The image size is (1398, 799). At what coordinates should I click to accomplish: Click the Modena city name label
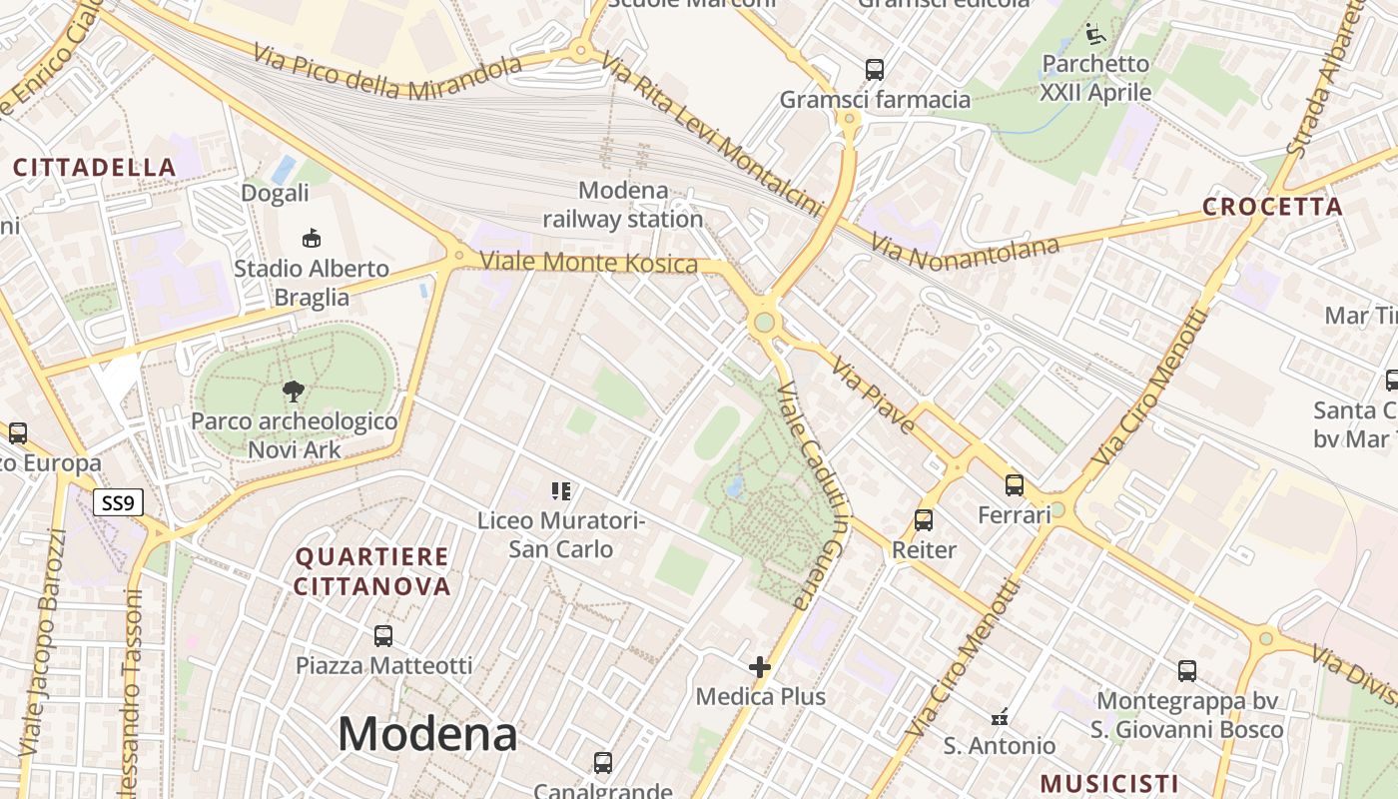(427, 735)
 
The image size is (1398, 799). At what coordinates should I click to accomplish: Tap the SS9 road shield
(118, 502)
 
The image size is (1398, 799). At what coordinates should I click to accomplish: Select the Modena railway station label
(623, 205)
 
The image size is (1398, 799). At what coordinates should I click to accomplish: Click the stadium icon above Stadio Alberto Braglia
(312, 238)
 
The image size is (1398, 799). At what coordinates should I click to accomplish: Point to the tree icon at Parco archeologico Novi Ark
(294, 391)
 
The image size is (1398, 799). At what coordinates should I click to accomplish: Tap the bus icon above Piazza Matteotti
(382, 635)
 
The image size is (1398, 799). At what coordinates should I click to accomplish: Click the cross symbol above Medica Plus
(760, 666)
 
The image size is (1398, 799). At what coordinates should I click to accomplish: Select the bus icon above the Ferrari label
(1015, 485)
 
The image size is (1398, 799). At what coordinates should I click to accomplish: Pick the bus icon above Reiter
(924, 520)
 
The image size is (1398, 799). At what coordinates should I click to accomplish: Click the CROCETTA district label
(1272, 207)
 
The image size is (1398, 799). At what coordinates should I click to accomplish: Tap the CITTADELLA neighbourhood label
(95, 167)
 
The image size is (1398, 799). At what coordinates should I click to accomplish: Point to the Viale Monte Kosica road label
(588, 263)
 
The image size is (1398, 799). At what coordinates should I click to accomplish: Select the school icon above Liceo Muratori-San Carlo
(560, 490)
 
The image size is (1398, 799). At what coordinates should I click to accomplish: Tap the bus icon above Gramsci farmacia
(875, 70)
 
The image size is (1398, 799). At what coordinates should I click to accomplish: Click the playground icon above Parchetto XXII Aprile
(1095, 35)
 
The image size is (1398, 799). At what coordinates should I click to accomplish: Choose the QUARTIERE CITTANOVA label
(372, 571)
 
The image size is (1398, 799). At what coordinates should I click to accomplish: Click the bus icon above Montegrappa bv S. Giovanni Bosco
(1187, 671)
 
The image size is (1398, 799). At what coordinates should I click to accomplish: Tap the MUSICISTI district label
(1108, 783)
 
